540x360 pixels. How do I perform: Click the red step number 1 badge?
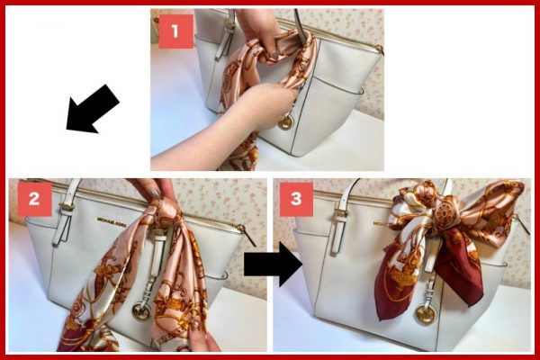pyautogui.click(x=175, y=31)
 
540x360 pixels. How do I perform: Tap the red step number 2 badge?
pyautogui.click(x=34, y=199)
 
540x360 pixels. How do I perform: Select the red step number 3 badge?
pyautogui.click(x=296, y=199)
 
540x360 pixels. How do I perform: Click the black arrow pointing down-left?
pyautogui.click(x=93, y=109)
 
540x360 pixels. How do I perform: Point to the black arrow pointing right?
pyautogui.click(x=273, y=265)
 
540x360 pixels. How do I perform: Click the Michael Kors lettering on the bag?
pyautogui.click(x=112, y=222)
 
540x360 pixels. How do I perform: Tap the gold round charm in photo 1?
pyautogui.click(x=285, y=123)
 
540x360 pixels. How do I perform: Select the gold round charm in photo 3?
pyautogui.click(x=425, y=314)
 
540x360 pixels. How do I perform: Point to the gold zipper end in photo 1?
pyautogui.click(x=379, y=49)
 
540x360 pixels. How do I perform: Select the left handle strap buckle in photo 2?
pyautogui.click(x=65, y=208)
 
